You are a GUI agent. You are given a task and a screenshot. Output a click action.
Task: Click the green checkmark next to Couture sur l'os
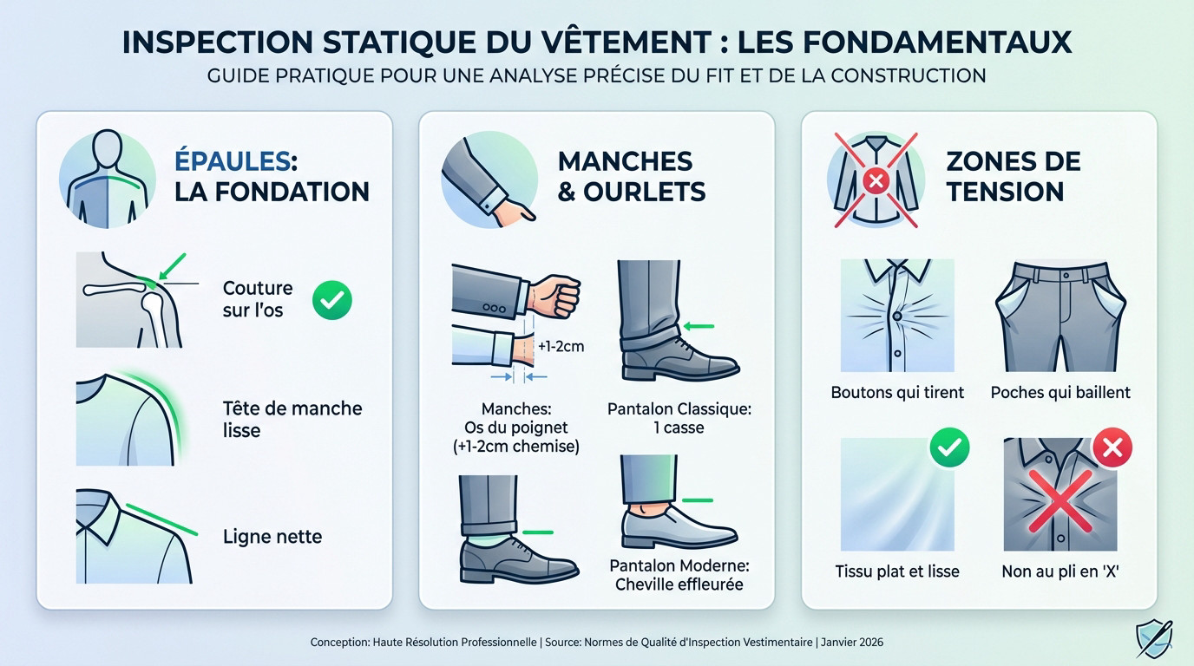tap(331, 299)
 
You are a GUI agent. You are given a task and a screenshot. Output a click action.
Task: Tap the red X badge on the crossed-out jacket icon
tap(876, 180)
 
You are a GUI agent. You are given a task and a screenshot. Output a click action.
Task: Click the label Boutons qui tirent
tap(897, 393)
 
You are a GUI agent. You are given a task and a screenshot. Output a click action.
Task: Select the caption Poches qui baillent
tap(1060, 393)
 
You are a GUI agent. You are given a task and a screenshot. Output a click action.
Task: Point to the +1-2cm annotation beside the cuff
tap(561, 346)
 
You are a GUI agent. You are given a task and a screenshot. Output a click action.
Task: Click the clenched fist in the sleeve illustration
tap(554, 297)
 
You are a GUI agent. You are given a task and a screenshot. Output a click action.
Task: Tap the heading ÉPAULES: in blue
tap(236, 160)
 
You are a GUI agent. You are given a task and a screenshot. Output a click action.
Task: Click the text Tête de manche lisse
tap(292, 419)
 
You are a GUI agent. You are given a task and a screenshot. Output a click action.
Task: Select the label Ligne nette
tap(272, 537)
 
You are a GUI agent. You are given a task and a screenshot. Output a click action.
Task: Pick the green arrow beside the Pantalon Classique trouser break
tap(698, 327)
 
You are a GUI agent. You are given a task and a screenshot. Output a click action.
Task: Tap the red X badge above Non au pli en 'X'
tap(1112, 447)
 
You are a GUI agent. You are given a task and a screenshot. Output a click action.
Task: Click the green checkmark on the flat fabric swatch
tap(948, 447)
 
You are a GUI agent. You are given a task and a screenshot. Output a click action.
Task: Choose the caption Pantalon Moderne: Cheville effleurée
tap(679, 575)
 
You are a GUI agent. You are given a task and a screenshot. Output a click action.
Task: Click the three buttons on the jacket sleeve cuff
tap(495, 308)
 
